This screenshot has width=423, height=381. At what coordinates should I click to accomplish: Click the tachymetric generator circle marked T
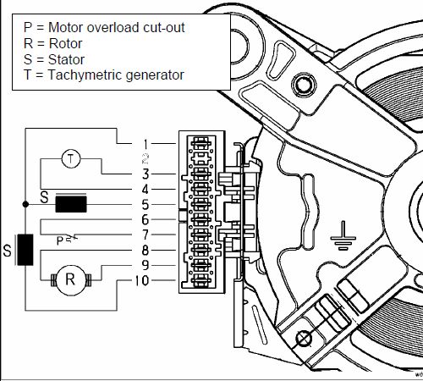[x=71, y=159]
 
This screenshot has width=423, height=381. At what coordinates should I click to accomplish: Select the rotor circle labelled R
[x=70, y=280]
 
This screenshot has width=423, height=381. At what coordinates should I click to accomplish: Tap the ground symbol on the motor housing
[x=343, y=236]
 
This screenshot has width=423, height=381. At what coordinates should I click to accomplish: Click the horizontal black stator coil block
[x=71, y=204]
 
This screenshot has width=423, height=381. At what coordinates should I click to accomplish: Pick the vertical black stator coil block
[x=25, y=250]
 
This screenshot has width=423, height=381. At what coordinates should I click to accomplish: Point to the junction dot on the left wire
[x=25, y=204]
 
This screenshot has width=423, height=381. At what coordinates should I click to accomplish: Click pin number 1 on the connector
[x=146, y=144]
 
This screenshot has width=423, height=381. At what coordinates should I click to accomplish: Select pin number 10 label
[x=142, y=280]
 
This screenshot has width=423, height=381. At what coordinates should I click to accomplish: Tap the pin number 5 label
[x=146, y=205]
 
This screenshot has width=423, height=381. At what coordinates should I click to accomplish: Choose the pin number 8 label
[x=146, y=250]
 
